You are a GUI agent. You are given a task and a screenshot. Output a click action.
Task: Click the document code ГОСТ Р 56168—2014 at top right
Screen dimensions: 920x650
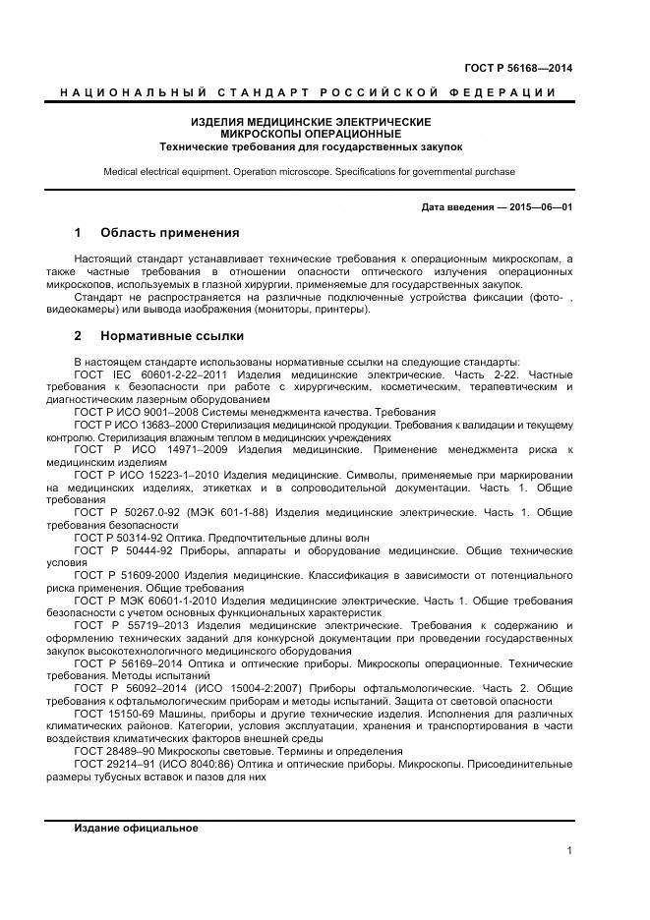point(517,68)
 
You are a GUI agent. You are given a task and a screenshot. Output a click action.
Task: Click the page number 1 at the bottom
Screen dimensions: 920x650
point(569,850)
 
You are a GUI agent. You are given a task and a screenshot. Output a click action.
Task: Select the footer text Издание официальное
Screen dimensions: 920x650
point(136,829)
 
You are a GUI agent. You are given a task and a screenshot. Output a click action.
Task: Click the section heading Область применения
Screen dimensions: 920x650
point(169,234)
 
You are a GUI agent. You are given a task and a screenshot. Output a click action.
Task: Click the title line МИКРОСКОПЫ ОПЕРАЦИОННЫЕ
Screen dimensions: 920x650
point(310,134)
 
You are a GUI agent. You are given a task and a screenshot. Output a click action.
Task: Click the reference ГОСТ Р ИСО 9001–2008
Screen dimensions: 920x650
point(132,413)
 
